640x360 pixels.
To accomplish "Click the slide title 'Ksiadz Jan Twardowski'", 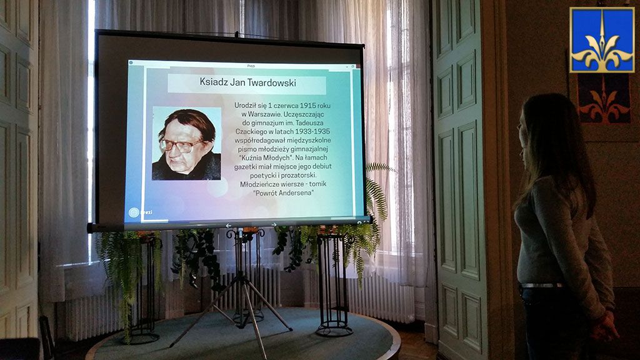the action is click(247, 82).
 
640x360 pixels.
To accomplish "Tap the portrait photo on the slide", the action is click(186, 143).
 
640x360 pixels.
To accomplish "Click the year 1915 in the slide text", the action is click(307, 105).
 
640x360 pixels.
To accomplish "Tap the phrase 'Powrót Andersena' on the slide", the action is click(284, 192).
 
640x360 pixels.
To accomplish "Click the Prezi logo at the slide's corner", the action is click(140, 212).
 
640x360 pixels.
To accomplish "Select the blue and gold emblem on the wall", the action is click(602, 40).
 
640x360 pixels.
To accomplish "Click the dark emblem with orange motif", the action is click(603, 98).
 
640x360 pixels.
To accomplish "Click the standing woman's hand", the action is click(606, 326).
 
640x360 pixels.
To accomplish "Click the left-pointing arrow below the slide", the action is click(229, 225).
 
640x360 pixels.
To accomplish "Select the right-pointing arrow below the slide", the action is click(274, 225).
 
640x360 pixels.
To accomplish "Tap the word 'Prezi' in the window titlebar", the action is click(251, 66).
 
